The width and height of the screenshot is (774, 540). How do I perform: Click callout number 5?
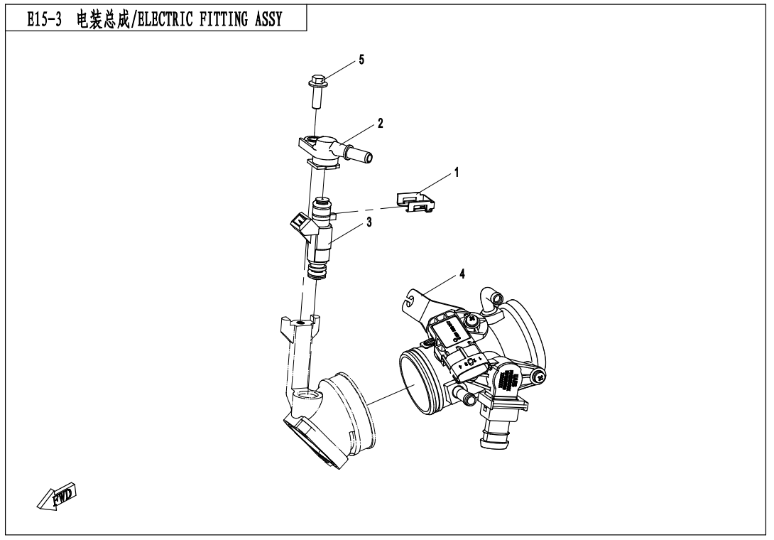361,60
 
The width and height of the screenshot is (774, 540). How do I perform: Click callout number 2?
381,124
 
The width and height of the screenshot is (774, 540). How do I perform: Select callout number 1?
457,173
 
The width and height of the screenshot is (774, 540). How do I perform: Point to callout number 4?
462,274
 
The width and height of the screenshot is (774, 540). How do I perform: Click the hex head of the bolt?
317,80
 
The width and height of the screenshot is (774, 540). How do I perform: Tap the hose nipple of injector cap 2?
363,153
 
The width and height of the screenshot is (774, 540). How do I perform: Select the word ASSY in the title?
267,19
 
